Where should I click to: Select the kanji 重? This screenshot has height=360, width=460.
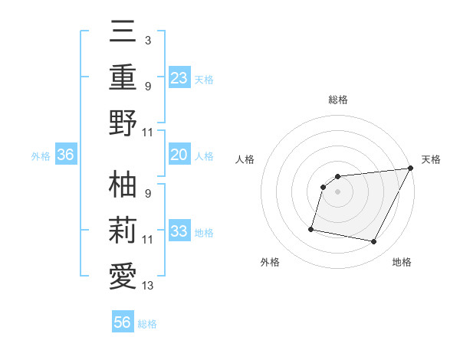click(123, 78)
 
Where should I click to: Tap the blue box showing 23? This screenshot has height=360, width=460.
click(179, 77)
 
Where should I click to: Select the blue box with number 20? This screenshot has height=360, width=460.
click(179, 155)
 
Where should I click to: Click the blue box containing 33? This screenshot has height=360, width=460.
click(179, 231)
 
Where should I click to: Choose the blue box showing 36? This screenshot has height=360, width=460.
click(65, 155)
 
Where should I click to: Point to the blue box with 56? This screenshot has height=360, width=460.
click(122, 322)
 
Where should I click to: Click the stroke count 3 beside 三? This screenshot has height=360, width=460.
click(147, 39)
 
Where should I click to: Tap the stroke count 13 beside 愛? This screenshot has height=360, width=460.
click(148, 286)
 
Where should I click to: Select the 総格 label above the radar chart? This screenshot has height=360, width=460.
click(337, 100)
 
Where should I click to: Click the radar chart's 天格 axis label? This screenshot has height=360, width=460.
click(431, 159)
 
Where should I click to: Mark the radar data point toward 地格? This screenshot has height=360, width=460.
click(374, 242)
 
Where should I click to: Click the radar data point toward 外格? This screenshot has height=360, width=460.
click(311, 228)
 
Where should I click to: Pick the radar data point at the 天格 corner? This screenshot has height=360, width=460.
click(411, 169)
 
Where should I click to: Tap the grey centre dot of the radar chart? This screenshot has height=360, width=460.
click(337, 192)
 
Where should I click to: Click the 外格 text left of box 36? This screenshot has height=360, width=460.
click(40, 155)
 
